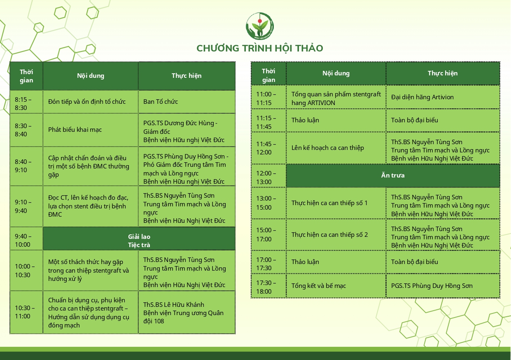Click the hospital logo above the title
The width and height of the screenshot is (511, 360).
click(x=259, y=26)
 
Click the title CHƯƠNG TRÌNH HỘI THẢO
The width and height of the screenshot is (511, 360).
click(x=259, y=48)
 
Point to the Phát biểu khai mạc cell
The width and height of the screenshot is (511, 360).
click(x=91, y=130)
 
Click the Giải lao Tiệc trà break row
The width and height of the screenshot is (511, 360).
click(x=139, y=238)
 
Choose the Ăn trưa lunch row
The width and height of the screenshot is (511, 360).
click(x=393, y=175)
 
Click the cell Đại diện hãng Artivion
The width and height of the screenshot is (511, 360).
click(x=443, y=97)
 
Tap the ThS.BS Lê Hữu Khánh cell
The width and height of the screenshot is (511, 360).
click(x=187, y=313)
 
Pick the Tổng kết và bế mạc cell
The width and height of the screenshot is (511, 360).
click(x=336, y=286)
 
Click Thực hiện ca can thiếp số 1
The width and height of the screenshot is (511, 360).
click(x=336, y=203)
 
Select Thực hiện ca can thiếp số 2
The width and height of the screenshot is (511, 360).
click(x=336, y=234)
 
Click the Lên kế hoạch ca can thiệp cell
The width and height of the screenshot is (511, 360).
click(x=336, y=148)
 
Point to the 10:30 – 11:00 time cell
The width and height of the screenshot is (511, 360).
click(x=26, y=313)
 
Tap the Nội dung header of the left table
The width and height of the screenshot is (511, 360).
click(x=91, y=76)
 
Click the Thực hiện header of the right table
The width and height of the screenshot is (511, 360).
click(x=443, y=73)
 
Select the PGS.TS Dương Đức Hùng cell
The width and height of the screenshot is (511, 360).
click(x=187, y=130)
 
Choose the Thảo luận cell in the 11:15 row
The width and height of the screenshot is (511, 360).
click(x=336, y=120)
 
